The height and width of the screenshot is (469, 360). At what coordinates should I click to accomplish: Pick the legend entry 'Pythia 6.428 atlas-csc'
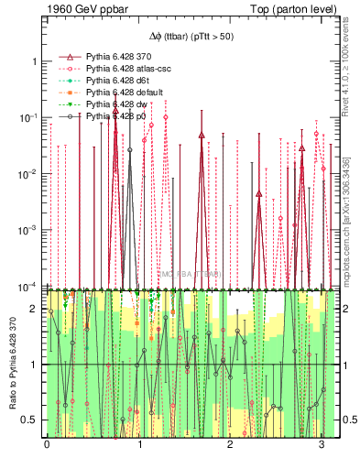point(128,69)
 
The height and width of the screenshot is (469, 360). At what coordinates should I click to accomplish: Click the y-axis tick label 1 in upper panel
point(33,61)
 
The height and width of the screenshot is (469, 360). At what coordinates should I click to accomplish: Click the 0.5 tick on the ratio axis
point(30,420)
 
